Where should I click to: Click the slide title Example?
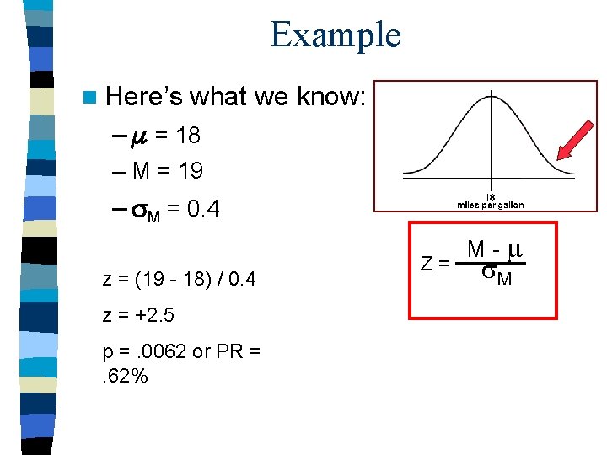coord(336,35)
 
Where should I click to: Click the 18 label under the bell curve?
coord(490,196)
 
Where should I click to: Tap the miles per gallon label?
coord(490,205)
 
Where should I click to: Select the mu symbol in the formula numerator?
coord(516,249)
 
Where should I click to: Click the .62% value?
coord(126,376)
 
